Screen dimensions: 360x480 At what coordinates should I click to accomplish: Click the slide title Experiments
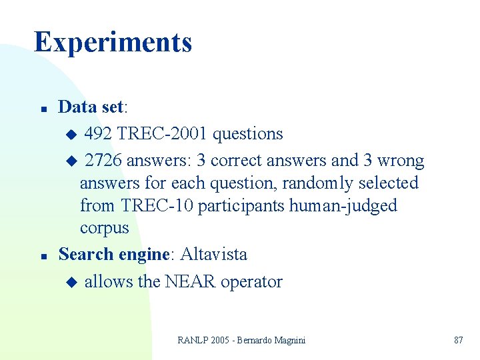pyautogui.click(x=113, y=41)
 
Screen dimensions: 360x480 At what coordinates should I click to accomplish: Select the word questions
pyautogui.click(x=247, y=133)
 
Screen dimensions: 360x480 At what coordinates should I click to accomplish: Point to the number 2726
pyautogui.click(x=103, y=161)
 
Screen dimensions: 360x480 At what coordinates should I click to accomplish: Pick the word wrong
pyautogui.click(x=400, y=161)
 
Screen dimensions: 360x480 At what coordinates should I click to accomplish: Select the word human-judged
pyautogui.click(x=343, y=205)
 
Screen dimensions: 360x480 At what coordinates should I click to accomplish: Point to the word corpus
pyautogui.click(x=104, y=228)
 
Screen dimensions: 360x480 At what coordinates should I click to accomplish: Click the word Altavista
pyautogui.click(x=213, y=254)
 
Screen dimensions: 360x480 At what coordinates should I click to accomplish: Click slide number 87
pyautogui.click(x=458, y=340)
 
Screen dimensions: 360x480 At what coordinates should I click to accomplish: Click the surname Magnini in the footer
pyautogui.click(x=289, y=340)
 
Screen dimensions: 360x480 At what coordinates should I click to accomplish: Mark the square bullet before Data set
pyautogui.click(x=43, y=108)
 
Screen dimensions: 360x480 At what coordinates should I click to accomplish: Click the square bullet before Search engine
pyautogui.click(x=43, y=255)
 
